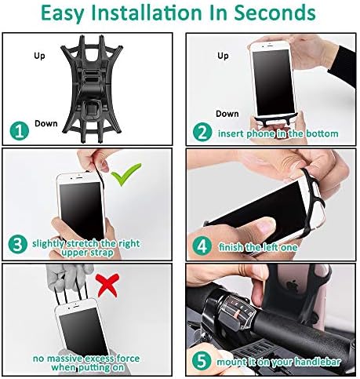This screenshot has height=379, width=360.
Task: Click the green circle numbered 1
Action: (x=20, y=131)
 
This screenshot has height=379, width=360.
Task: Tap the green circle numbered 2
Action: (x=202, y=132)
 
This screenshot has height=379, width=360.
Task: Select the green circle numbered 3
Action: (x=17, y=244)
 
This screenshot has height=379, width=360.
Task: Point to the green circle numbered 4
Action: (x=202, y=246)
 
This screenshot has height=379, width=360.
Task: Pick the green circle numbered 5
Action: (x=202, y=361)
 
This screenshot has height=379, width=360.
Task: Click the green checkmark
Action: (x=126, y=174)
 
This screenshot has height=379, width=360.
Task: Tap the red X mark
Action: (x=107, y=286)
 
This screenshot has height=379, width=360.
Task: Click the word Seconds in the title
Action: (x=275, y=13)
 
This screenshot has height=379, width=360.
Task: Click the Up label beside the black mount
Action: (x=39, y=56)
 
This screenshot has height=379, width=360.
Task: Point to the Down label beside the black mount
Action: (x=46, y=123)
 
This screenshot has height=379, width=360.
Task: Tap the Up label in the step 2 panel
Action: (x=223, y=56)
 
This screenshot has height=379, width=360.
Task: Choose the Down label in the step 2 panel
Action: (x=227, y=114)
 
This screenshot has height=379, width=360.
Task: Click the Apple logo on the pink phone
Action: (x=291, y=286)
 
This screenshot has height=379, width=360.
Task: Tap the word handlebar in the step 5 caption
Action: (x=318, y=362)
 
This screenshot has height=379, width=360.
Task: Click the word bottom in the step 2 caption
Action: (x=322, y=133)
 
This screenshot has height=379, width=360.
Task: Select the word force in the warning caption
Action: (x=128, y=359)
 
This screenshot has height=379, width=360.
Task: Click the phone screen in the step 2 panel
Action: (x=274, y=82)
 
